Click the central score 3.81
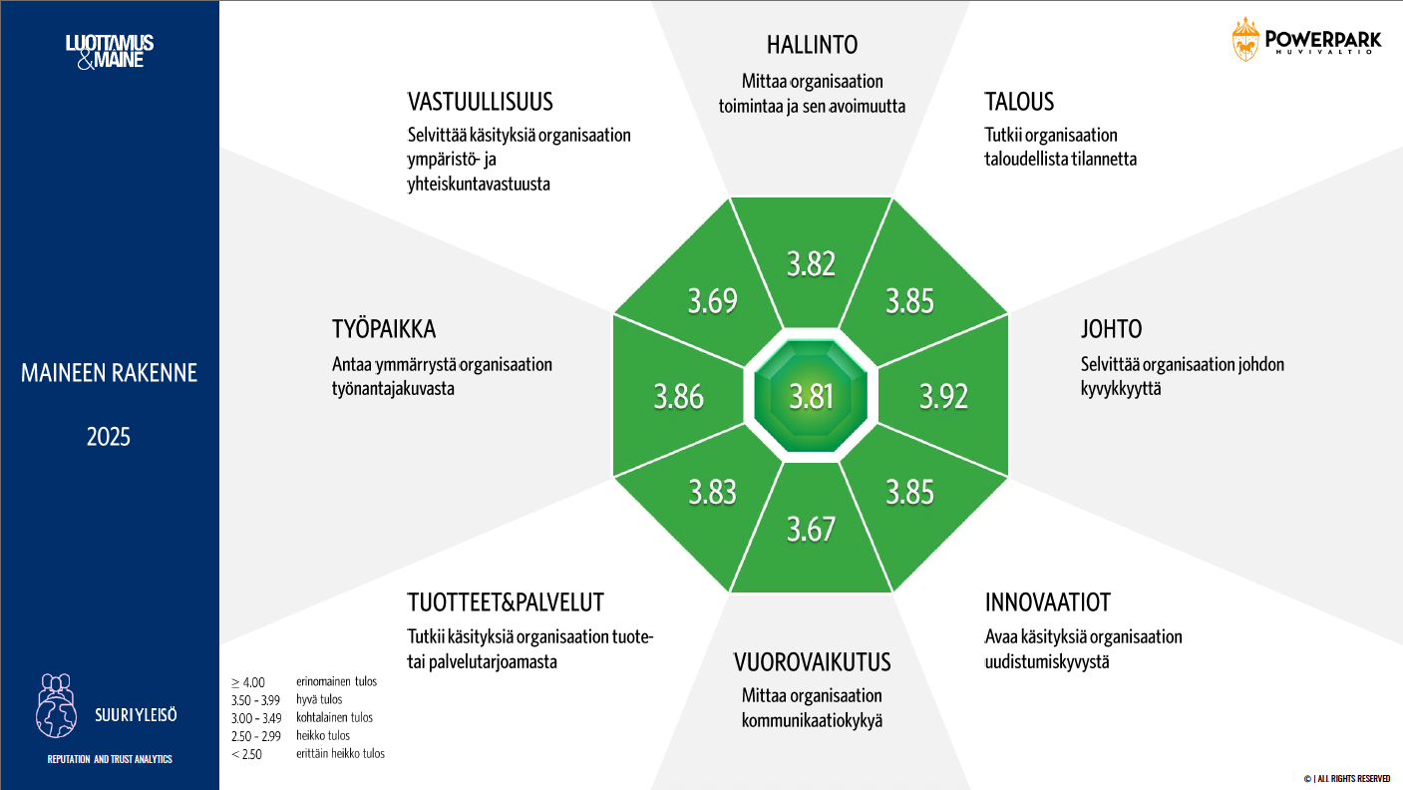(x=811, y=396)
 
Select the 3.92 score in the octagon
(x=943, y=396)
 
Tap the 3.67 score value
(x=811, y=530)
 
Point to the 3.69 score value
(x=713, y=300)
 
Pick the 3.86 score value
(x=679, y=397)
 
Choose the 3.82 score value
(x=811, y=263)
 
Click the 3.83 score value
(x=713, y=492)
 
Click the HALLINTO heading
(x=813, y=45)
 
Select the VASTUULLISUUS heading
(x=481, y=102)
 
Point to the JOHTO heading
(x=1111, y=329)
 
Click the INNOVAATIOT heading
(x=1047, y=602)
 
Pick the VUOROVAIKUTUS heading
(x=813, y=662)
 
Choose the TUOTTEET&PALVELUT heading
(x=506, y=602)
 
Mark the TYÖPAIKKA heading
(x=384, y=329)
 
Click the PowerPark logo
(x=1306, y=40)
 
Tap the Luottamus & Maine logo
(x=110, y=52)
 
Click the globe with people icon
(x=57, y=705)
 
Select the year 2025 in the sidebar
(x=109, y=437)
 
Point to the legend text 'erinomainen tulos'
(x=336, y=681)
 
